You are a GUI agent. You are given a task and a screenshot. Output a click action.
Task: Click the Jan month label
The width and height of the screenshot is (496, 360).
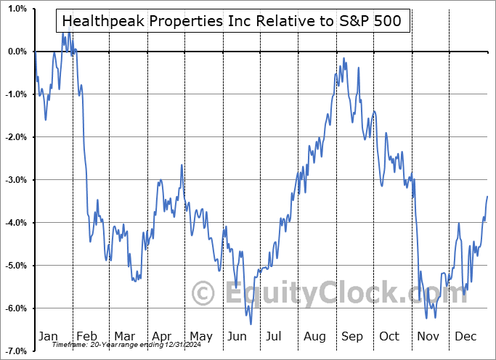point(47,336)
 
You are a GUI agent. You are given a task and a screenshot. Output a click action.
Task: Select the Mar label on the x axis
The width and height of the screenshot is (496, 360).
point(124,336)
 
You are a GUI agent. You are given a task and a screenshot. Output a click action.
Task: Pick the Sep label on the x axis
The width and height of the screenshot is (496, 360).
point(351,336)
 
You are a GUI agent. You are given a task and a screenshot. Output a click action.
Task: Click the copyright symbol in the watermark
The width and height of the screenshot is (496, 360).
point(203,293)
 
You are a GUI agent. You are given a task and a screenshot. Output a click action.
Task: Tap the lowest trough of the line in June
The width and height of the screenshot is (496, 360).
point(251,324)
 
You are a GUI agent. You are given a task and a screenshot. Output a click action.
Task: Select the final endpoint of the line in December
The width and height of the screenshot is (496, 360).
point(487,197)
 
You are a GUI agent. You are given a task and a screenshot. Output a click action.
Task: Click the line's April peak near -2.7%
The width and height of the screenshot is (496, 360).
point(181,165)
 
